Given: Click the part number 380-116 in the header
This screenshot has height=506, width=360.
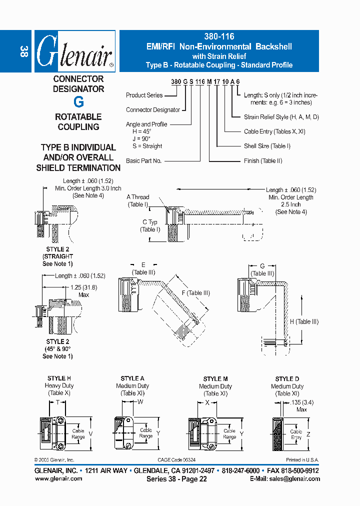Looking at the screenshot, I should [x=219, y=36].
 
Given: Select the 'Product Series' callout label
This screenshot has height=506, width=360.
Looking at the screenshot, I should [x=144, y=95].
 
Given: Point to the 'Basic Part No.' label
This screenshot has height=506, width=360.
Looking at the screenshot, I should [x=143, y=161].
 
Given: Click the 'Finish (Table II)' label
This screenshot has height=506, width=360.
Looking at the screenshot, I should [x=263, y=161].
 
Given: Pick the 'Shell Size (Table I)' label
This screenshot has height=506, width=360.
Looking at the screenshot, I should [x=267, y=146].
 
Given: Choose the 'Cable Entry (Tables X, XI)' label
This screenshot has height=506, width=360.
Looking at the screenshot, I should [x=274, y=131].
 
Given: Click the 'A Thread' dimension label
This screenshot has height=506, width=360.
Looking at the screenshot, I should [x=138, y=197].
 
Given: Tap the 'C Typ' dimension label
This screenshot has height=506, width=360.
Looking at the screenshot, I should [x=149, y=222].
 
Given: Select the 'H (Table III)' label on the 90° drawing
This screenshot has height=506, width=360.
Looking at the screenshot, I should [x=304, y=322].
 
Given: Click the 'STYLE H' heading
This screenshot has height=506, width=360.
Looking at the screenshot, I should [x=59, y=379].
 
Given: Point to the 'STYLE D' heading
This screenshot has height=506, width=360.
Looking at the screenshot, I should [x=287, y=379].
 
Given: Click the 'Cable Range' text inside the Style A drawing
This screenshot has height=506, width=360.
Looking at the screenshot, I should [x=145, y=433].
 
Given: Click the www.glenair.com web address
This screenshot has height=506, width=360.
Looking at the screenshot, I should [x=58, y=478].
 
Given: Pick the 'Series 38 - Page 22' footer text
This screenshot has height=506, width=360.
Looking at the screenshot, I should [x=176, y=479].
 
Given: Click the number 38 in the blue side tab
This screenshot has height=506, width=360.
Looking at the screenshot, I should [x=23, y=51].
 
